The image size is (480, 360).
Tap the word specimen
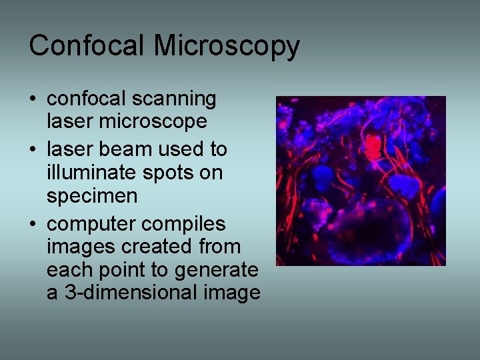tap(92, 196)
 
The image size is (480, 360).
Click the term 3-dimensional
tap(129, 293)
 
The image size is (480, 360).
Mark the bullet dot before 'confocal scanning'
tap(33, 100)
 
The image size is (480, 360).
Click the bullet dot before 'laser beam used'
tap(33, 149)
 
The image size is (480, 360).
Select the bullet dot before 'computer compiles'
tap(33, 223)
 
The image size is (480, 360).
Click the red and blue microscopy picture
tap(361, 181)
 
